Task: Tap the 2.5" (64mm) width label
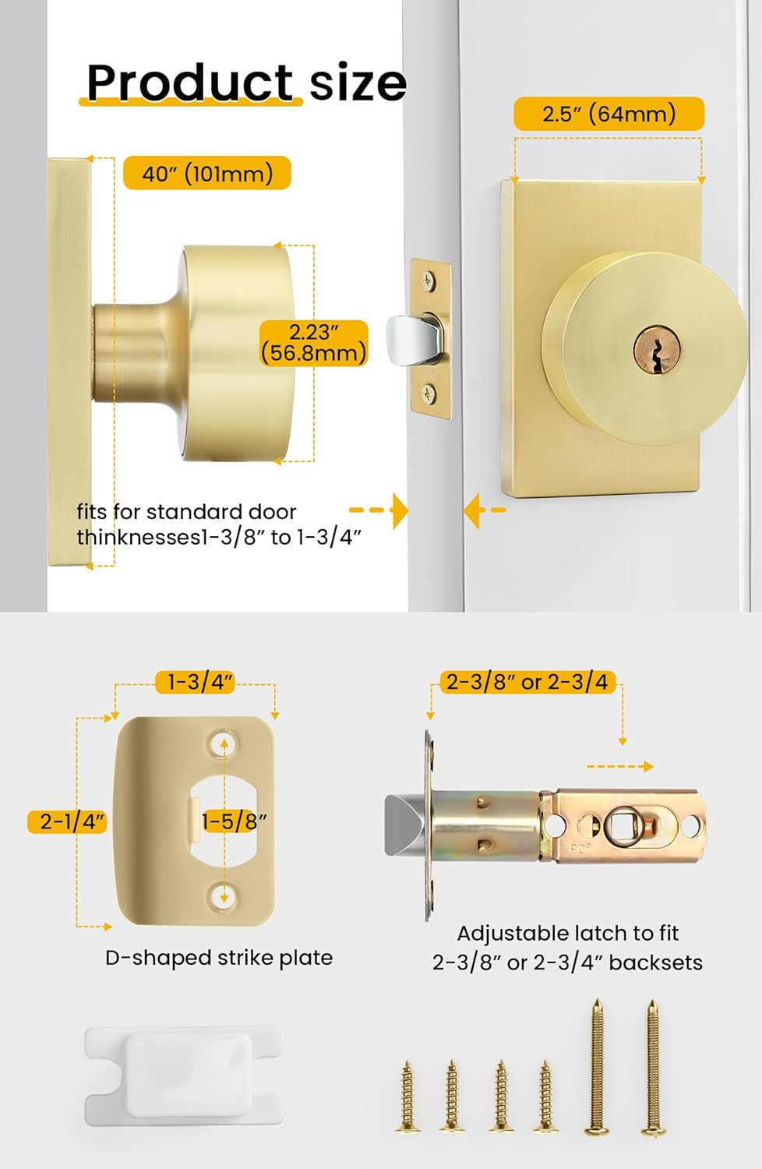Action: point(609,113)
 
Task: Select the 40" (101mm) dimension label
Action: point(206,173)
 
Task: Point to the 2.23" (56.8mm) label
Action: point(314,343)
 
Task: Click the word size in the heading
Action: point(358,83)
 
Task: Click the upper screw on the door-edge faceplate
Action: point(429,281)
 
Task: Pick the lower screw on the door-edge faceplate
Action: point(429,393)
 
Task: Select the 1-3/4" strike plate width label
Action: point(196,682)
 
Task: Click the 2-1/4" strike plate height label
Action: point(67,822)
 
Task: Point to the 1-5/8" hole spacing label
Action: point(235,821)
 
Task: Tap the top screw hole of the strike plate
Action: point(224,744)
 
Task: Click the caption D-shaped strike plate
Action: point(219,958)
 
